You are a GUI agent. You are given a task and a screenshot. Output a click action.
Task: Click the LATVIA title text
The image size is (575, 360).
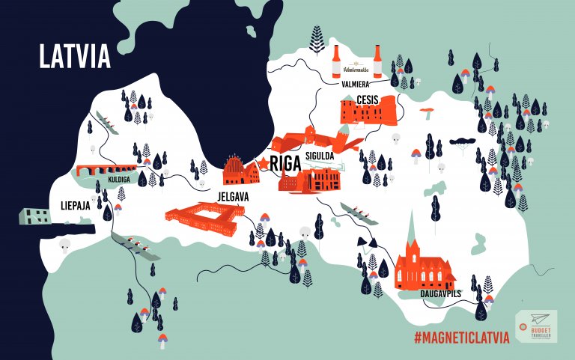coord(75,56)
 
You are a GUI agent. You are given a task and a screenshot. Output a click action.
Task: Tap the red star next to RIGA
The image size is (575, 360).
coord(263,163)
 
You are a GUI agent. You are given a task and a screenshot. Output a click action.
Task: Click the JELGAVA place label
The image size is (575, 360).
coord(233,196)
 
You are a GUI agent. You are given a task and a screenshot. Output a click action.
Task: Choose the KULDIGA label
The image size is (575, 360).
coord(111,180)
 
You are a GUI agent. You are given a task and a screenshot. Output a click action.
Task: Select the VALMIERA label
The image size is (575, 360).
coord(356,85)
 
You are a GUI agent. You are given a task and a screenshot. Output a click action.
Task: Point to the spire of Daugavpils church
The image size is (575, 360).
coord(410,225)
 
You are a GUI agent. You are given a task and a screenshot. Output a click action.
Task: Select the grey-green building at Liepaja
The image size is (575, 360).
coord(34,216)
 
